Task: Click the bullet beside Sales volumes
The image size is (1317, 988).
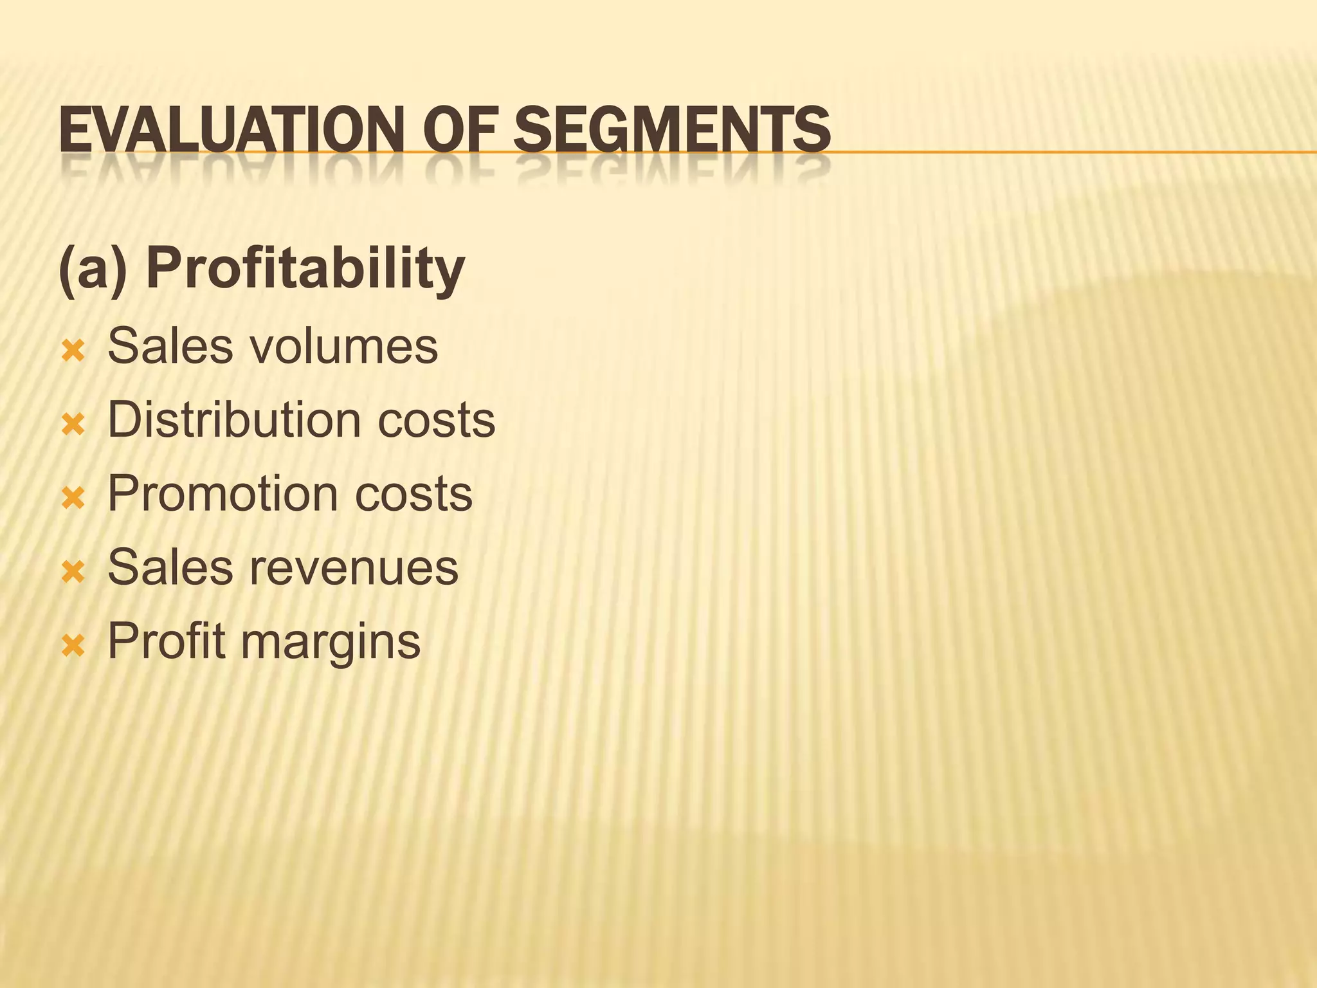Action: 73,351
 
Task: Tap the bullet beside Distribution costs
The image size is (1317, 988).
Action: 73,425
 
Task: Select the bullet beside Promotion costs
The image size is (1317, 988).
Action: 73,498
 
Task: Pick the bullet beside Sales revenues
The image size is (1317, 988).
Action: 73,572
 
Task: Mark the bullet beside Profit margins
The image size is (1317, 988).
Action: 73,645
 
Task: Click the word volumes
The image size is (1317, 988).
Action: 343,347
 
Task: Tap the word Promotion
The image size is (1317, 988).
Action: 223,494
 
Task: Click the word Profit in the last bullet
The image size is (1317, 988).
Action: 167,641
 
